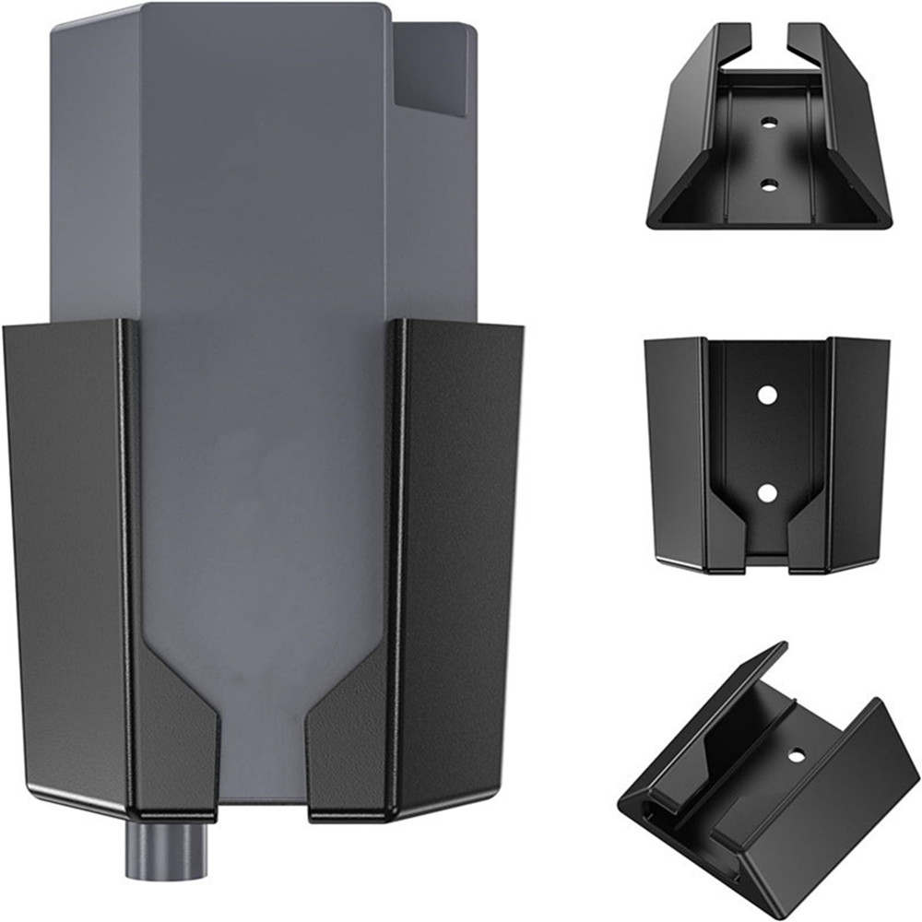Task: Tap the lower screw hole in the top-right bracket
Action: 767,184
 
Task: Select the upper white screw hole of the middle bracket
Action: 766,395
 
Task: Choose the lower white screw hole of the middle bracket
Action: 766,492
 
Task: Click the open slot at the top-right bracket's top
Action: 768,46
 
